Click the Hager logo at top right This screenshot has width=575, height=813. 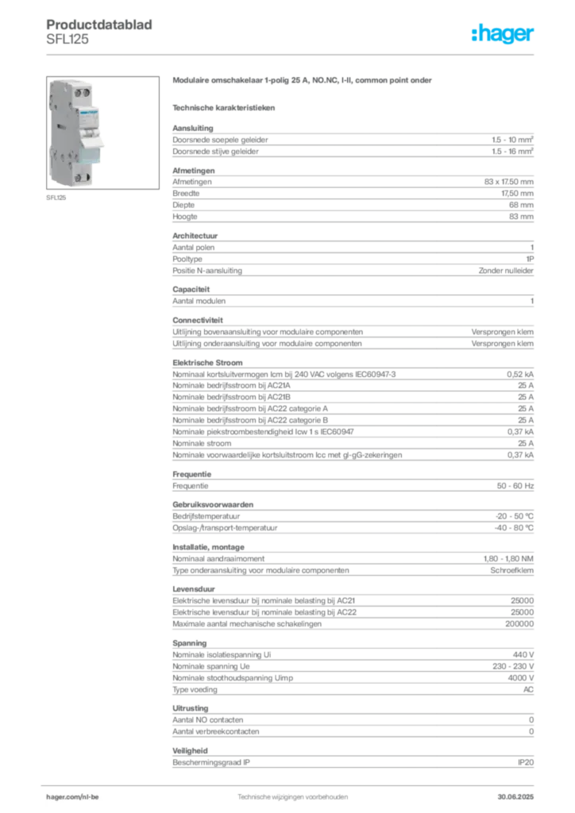(x=503, y=33)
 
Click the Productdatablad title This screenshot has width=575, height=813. (x=99, y=25)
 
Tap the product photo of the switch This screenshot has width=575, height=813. (x=102, y=133)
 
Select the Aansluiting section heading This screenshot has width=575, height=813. (x=193, y=128)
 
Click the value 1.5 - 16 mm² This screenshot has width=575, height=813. (x=512, y=152)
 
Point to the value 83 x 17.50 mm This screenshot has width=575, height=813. (x=508, y=182)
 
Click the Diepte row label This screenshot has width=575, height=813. (x=183, y=205)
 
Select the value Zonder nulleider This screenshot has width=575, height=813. (x=506, y=271)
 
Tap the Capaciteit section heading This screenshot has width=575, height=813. (x=191, y=289)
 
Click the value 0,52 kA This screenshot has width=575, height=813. (x=520, y=375)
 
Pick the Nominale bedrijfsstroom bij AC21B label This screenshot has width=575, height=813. (x=231, y=397)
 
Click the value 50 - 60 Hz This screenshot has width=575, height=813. (x=515, y=486)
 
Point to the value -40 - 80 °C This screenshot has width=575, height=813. (x=514, y=528)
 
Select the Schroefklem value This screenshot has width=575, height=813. (x=511, y=570)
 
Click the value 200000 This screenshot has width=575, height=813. (x=519, y=624)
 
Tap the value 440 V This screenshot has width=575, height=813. (x=523, y=655)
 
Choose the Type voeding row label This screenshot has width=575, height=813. (x=195, y=690)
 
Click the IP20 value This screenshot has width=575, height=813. (x=526, y=763)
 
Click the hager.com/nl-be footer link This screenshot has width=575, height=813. (x=72, y=797)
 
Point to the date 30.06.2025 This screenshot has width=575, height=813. (x=515, y=797)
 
